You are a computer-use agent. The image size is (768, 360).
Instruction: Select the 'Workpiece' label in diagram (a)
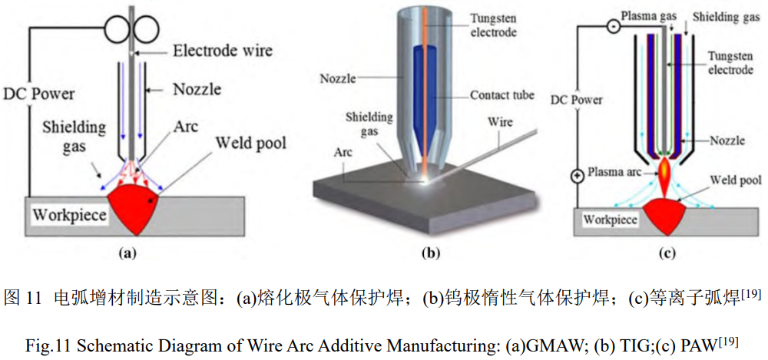pos(69,214)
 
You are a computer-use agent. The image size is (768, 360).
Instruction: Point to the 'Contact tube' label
pos(502,95)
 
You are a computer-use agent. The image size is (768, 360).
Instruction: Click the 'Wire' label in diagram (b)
pos(502,122)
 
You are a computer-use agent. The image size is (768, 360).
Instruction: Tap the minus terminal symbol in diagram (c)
pos(612,27)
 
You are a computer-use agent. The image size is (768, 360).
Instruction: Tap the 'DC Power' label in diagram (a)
pos(38,93)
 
